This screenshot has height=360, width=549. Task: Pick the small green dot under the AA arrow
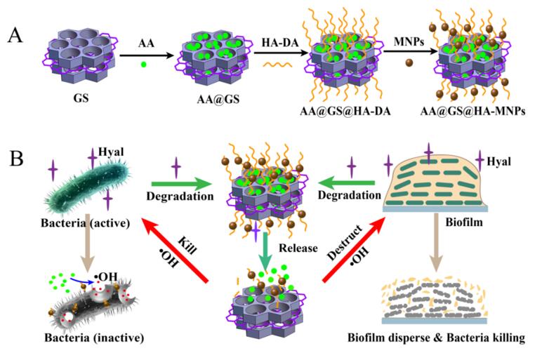(x=144, y=65)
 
